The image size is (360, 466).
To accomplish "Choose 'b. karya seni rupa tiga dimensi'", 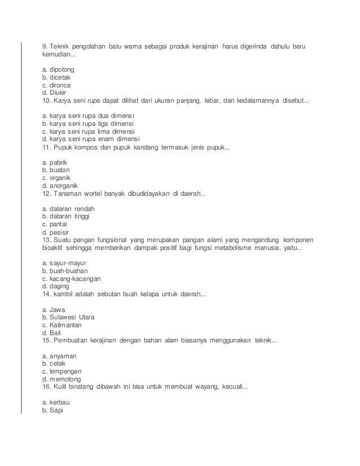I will pyautogui.click(x=91, y=123).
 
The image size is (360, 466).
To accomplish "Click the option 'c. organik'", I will pyautogui.click(x=59, y=177).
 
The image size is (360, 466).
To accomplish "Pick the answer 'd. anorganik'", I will pyautogui.click(x=62, y=185).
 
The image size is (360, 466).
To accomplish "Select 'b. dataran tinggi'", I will pyautogui.click(x=67, y=216).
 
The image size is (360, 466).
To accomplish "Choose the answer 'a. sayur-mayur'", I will pyautogui.click(x=64, y=263).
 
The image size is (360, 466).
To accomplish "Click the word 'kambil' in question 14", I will pyautogui.click(x=65, y=294).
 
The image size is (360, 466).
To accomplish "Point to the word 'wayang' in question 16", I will pyautogui.click(x=203, y=388).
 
